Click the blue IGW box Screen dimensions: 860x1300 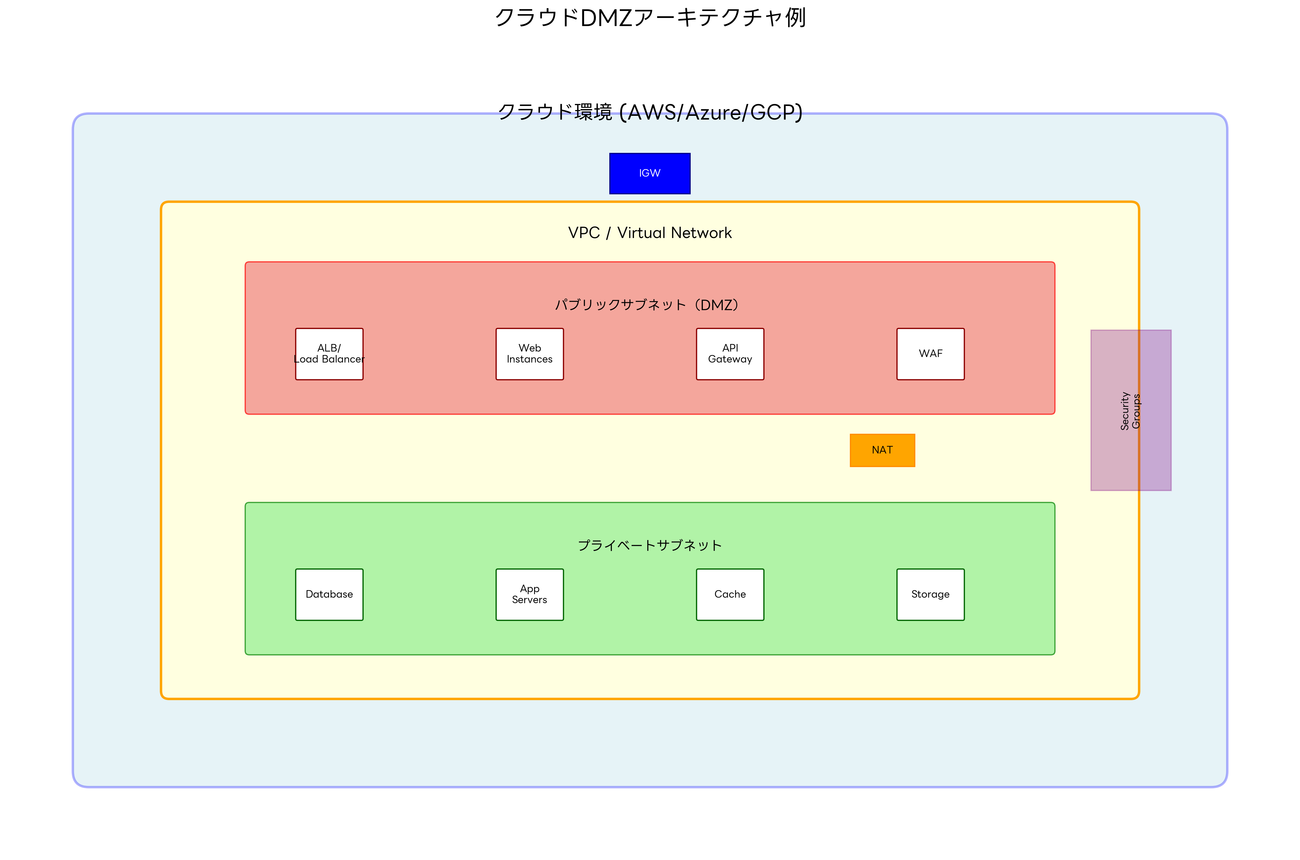650,173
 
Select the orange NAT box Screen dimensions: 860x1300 882,450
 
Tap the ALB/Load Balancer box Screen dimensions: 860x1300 329,354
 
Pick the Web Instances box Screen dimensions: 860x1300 530,354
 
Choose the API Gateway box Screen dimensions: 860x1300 730,354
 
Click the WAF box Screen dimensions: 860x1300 930,354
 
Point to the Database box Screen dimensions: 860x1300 329,594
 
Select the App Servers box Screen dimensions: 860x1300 530,594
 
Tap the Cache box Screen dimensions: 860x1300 730,594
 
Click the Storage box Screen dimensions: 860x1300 930,594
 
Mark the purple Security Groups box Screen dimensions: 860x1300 1131,410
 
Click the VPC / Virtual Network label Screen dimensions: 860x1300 650,233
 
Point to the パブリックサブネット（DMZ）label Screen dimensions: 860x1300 647,305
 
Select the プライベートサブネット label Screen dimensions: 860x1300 650,545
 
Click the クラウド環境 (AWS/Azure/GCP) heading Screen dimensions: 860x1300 650,112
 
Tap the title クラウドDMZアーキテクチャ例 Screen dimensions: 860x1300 650,18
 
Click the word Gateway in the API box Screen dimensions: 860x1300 730,359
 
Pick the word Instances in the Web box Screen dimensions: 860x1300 530,359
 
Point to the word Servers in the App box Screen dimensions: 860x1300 530,600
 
